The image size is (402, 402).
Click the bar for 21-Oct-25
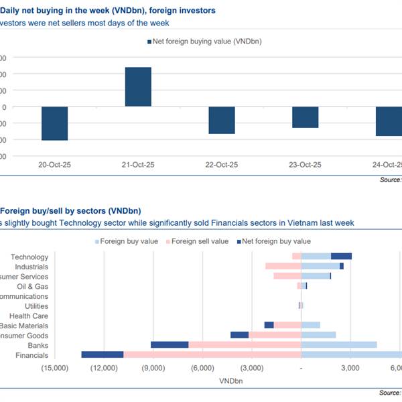click(138, 87)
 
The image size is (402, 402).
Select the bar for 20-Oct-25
click(54, 123)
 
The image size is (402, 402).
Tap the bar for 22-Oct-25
click(221, 121)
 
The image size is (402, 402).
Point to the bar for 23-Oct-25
click(305, 117)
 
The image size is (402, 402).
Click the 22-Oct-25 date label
click(221, 165)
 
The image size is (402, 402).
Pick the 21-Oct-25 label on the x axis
click(138, 165)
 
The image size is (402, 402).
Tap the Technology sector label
click(29, 257)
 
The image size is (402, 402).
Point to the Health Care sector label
click(29, 316)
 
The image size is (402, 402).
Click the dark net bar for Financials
click(103, 354)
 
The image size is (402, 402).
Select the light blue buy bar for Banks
click(339, 345)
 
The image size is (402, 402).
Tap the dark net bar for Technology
click(341, 257)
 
